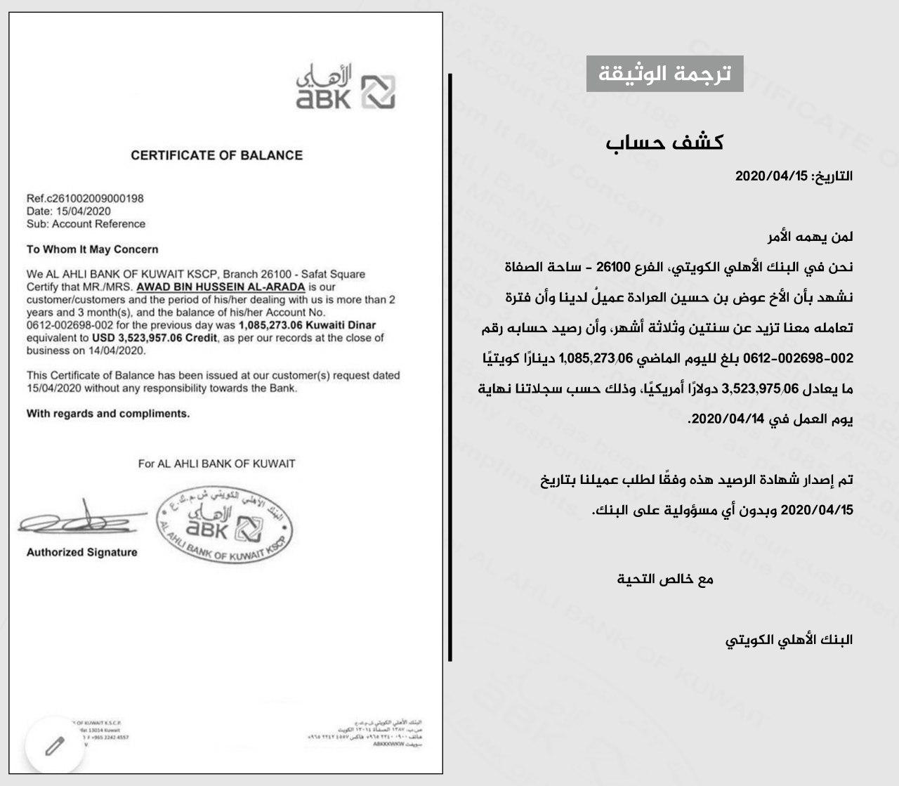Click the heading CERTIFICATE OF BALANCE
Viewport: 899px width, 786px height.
click(216, 155)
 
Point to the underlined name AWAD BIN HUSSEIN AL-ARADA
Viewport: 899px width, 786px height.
click(221, 287)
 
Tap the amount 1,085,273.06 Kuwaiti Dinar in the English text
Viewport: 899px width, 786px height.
click(308, 325)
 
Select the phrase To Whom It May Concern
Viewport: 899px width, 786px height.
click(92, 249)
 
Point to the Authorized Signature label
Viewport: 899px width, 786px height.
click(81, 553)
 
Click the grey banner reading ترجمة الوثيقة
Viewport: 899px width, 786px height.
click(664, 74)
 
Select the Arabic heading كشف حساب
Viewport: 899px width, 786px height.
click(664, 143)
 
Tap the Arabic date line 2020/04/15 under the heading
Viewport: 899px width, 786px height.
click(794, 176)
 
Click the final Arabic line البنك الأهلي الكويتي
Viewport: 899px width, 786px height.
click(789, 640)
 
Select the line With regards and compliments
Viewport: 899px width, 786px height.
click(108, 414)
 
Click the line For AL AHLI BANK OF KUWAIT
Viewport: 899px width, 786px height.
click(216, 464)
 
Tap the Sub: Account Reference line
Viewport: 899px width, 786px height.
click(86, 224)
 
